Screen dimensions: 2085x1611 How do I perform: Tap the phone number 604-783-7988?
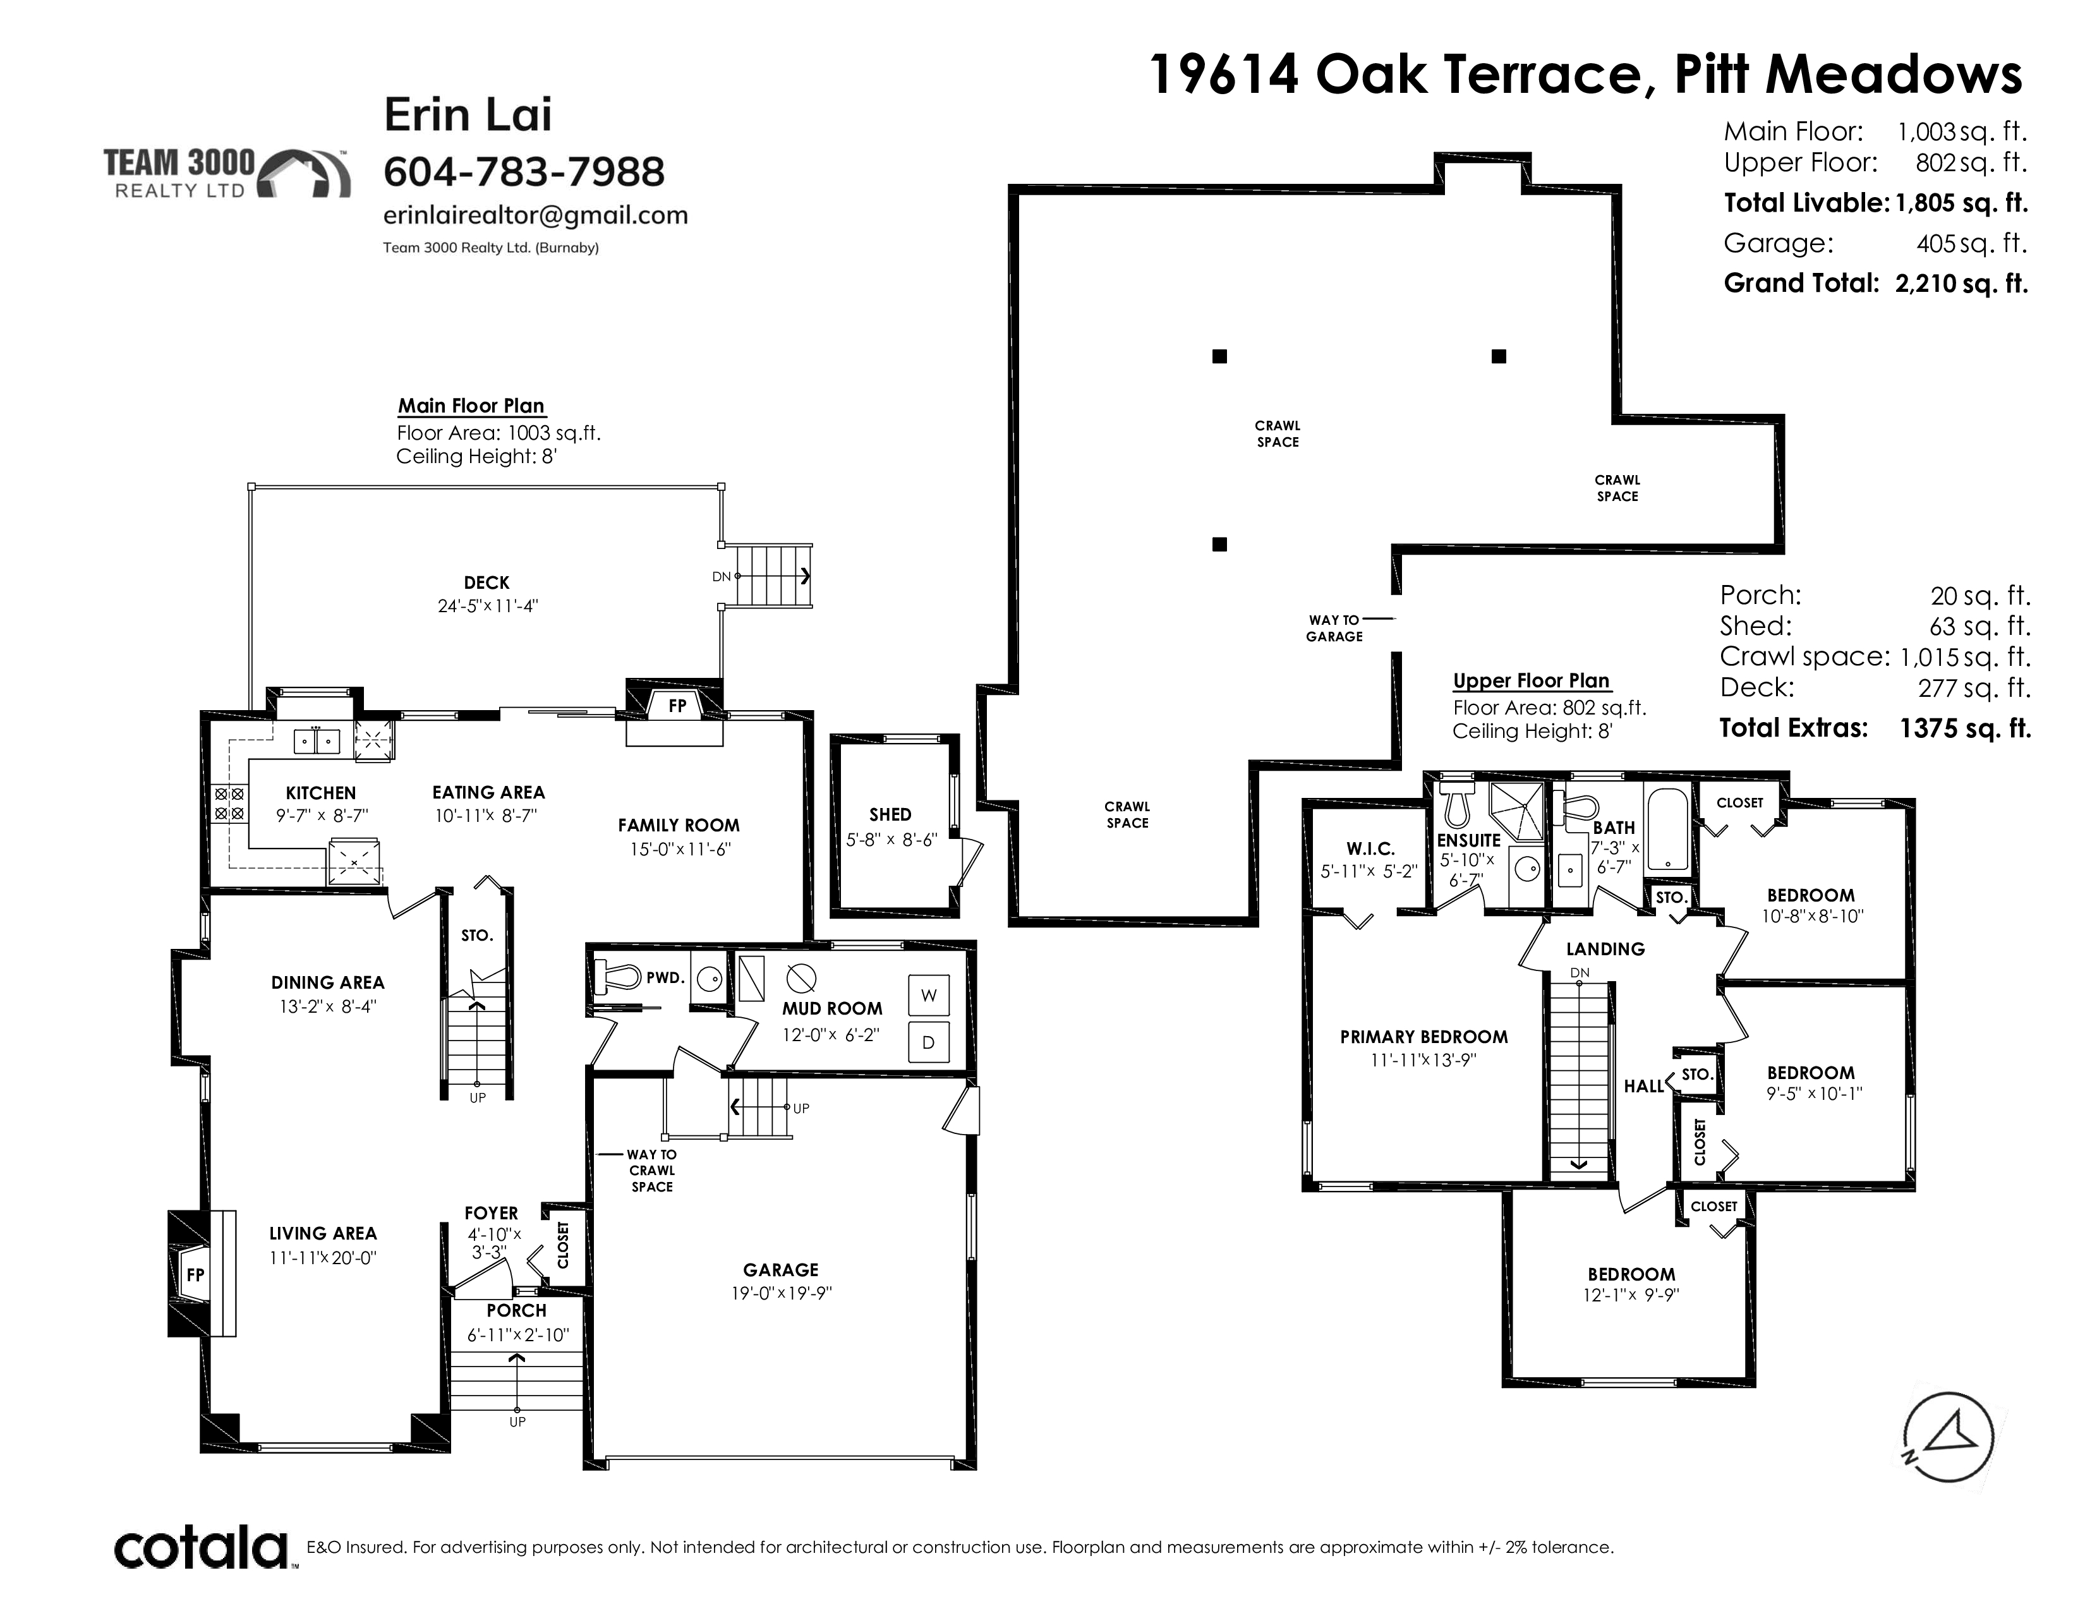pos(523,172)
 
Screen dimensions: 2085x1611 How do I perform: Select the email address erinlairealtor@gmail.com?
pos(536,215)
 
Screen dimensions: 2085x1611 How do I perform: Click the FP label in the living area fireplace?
pos(195,1275)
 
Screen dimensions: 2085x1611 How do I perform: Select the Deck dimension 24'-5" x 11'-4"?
pos(487,606)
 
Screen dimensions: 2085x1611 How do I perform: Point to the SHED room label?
pos(890,814)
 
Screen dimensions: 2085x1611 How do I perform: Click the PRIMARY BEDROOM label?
pos(1423,1037)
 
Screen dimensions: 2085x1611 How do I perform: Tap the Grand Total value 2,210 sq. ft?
pos(1961,284)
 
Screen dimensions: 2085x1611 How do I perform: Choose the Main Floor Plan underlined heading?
pos(471,406)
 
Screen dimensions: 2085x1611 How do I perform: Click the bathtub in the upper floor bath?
pos(1668,828)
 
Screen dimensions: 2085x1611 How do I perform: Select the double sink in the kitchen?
pos(316,740)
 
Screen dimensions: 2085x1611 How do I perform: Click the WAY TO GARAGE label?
pos(1334,628)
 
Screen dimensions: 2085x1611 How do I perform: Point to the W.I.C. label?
pos(1371,848)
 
